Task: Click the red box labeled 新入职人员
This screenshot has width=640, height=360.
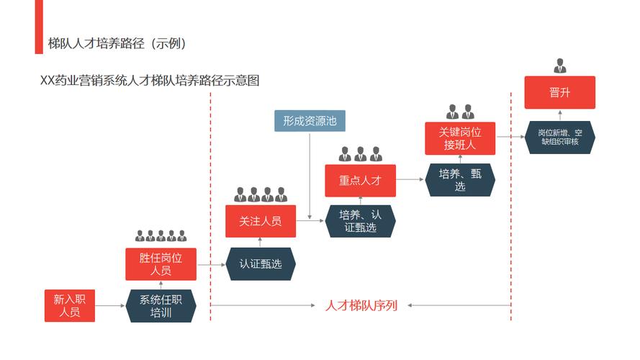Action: pyautogui.click(x=70, y=305)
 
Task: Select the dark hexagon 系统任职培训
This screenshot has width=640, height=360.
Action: pyautogui.click(x=161, y=306)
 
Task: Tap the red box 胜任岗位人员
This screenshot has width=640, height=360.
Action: pyautogui.click(x=161, y=264)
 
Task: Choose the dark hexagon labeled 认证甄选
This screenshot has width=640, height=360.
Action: pyautogui.click(x=261, y=264)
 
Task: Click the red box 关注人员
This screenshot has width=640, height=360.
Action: pyautogui.click(x=261, y=221)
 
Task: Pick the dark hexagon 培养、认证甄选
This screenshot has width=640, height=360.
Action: pyautogui.click(x=360, y=221)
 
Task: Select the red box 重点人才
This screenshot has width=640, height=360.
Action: pyautogui.click(x=360, y=181)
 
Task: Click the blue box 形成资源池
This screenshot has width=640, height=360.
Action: pyautogui.click(x=310, y=121)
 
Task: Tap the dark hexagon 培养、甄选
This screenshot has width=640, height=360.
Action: pyautogui.click(x=460, y=180)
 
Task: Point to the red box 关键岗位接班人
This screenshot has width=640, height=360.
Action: pyautogui.click(x=460, y=138)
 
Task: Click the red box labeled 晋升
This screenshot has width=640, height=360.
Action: pyautogui.click(x=559, y=92)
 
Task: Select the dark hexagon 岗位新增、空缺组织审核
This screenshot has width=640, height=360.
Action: pyautogui.click(x=559, y=137)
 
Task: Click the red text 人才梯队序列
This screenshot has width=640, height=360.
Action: pyautogui.click(x=361, y=305)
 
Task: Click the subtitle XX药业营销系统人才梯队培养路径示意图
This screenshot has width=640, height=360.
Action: pyautogui.click(x=150, y=81)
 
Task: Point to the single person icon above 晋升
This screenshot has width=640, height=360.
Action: pyautogui.click(x=559, y=66)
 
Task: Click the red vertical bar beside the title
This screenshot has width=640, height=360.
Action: pyautogui.click(x=39, y=27)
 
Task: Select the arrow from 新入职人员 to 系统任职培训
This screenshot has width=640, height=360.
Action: pyautogui.click(x=110, y=306)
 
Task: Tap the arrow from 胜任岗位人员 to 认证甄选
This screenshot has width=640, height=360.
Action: pyautogui.click(x=211, y=264)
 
